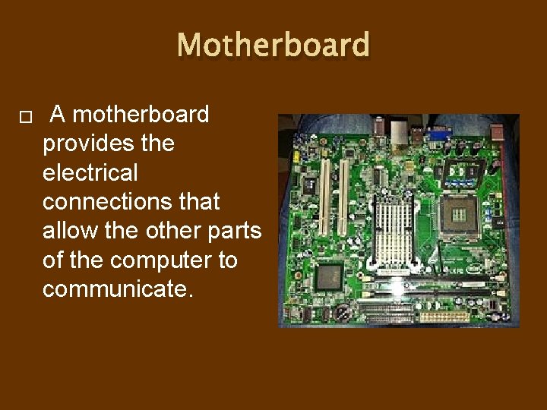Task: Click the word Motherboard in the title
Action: coord(273,46)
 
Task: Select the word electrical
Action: coord(90,173)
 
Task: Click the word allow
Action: coord(70,231)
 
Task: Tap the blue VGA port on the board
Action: coord(437,136)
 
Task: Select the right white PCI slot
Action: coord(343,197)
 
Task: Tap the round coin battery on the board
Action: coord(343,312)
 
